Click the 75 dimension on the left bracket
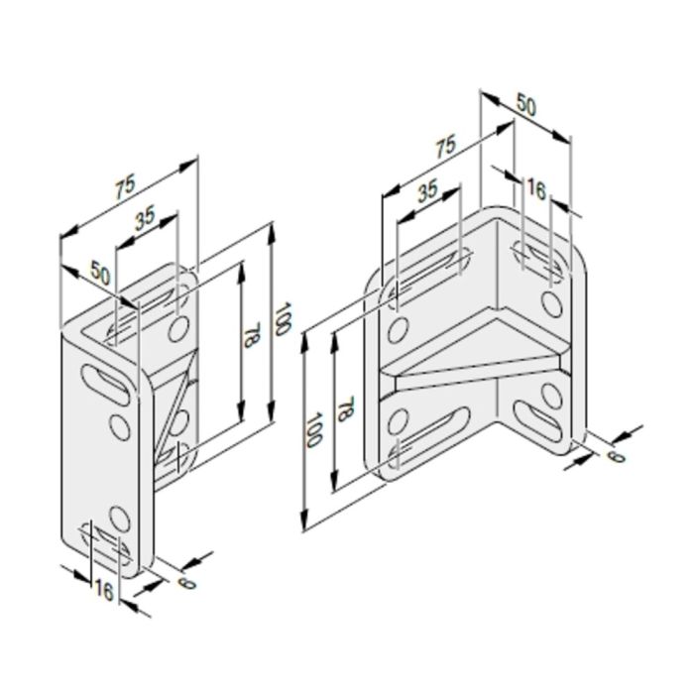[x=125, y=188]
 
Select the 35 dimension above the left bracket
[x=145, y=218]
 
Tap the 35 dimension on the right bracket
[x=428, y=191]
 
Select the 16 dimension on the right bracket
[x=535, y=188]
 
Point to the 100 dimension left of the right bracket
[x=313, y=428]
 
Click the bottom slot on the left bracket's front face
[x=106, y=542]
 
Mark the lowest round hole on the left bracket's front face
[x=120, y=517]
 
